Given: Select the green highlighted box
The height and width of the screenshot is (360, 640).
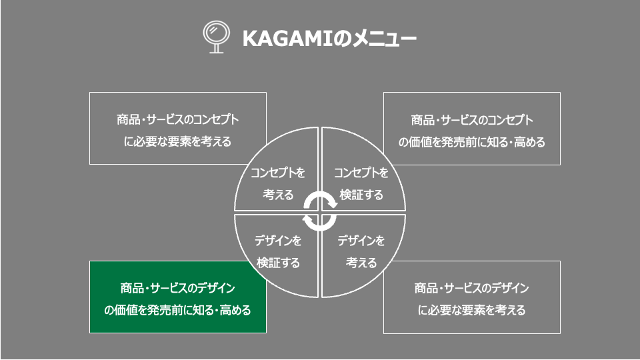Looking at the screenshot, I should [x=178, y=297].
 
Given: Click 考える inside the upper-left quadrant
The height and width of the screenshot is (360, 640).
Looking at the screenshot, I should [x=278, y=195].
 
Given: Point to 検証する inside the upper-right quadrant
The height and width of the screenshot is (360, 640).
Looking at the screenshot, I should [x=361, y=195].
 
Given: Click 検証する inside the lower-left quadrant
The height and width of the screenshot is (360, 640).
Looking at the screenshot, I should [x=278, y=263].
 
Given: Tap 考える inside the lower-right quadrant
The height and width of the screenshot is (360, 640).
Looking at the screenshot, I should [x=361, y=263].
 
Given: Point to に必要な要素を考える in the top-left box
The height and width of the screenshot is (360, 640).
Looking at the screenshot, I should [x=177, y=141].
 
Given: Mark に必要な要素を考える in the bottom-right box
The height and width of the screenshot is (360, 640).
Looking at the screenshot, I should [x=472, y=310].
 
